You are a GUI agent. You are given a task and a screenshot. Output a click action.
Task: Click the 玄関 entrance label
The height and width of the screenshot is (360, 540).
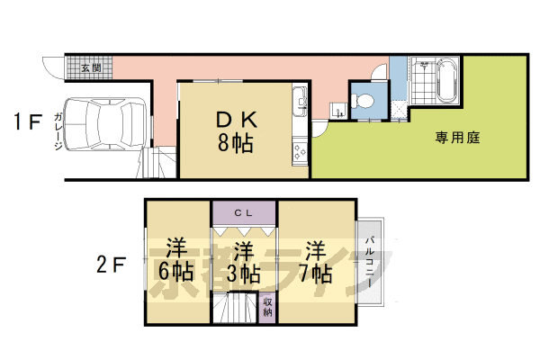click(91, 67)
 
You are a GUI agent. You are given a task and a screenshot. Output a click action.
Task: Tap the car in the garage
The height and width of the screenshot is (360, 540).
click(105, 124)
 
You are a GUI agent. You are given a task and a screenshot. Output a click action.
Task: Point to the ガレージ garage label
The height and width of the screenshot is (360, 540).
click(58, 131)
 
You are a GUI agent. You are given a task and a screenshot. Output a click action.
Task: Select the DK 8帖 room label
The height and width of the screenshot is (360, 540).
click(236, 132)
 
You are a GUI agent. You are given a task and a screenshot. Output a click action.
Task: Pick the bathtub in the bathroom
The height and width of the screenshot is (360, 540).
click(447, 80)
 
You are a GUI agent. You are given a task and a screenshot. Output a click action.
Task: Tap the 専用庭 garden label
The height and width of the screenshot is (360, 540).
click(457, 138)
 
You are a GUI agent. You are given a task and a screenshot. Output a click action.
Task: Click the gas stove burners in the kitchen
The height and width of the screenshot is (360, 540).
click(300, 151)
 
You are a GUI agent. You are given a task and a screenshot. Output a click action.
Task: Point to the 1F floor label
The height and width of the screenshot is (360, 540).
click(28, 121)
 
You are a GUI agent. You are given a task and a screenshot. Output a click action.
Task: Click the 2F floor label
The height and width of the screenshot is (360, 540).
click(111, 265)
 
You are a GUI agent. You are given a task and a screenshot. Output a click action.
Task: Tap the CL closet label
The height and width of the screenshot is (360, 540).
click(244, 213)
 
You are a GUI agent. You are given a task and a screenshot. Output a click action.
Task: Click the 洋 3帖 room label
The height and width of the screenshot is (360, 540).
click(244, 263)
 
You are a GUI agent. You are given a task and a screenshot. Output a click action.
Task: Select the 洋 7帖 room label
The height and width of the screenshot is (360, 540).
click(315, 262)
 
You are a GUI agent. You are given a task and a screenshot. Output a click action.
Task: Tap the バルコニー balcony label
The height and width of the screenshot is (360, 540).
click(370, 262)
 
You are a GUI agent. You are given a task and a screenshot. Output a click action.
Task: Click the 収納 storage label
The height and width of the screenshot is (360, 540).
click(267, 307)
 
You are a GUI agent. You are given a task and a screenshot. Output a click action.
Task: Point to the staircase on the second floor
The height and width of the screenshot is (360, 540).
click(235, 307)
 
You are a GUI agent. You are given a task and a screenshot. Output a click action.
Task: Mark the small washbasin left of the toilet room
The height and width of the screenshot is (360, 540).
click(336, 110)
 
